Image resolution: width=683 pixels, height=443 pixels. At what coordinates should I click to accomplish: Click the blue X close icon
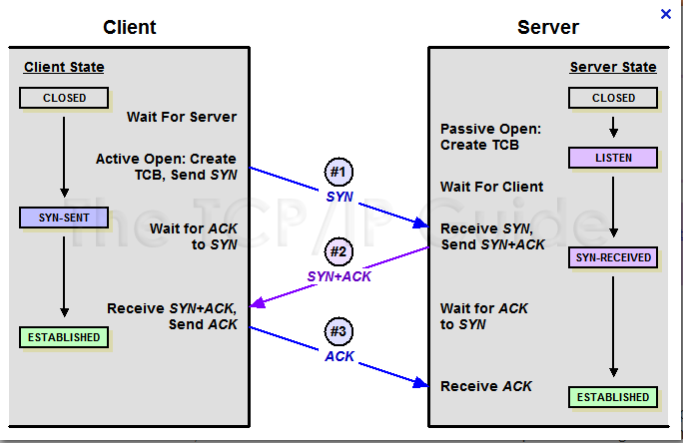(666, 14)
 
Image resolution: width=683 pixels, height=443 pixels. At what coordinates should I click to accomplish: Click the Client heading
(130, 27)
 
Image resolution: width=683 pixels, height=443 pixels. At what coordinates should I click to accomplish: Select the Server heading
(547, 27)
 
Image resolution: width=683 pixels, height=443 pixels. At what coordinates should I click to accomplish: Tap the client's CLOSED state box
(65, 98)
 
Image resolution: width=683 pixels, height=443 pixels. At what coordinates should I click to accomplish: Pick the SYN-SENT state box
(65, 218)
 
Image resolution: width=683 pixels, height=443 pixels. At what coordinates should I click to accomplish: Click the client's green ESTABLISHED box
(65, 337)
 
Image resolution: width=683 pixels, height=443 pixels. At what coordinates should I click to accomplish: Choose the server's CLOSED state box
(613, 98)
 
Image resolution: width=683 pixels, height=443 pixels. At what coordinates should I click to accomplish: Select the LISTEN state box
(613, 158)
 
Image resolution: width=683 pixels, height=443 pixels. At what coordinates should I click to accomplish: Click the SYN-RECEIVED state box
(613, 257)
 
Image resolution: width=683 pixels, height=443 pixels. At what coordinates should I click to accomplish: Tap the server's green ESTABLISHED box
(613, 397)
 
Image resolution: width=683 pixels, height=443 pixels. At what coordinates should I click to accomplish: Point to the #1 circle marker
(340, 171)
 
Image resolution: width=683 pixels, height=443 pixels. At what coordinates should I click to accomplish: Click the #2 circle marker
(340, 250)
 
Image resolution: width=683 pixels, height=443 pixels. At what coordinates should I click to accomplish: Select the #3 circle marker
(340, 330)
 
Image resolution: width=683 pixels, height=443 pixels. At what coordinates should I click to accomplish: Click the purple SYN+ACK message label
(340, 276)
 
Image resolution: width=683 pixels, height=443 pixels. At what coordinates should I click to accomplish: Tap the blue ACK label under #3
(340, 356)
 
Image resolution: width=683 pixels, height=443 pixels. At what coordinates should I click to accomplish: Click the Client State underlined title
(64, 68)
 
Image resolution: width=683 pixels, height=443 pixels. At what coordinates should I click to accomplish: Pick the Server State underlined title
(613, 68)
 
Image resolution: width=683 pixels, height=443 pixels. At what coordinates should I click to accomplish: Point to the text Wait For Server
(181, 117)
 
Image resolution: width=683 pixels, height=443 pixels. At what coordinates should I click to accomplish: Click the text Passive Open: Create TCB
(490, 137)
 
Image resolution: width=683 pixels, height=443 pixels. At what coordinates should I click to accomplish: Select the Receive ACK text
(486, 386)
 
